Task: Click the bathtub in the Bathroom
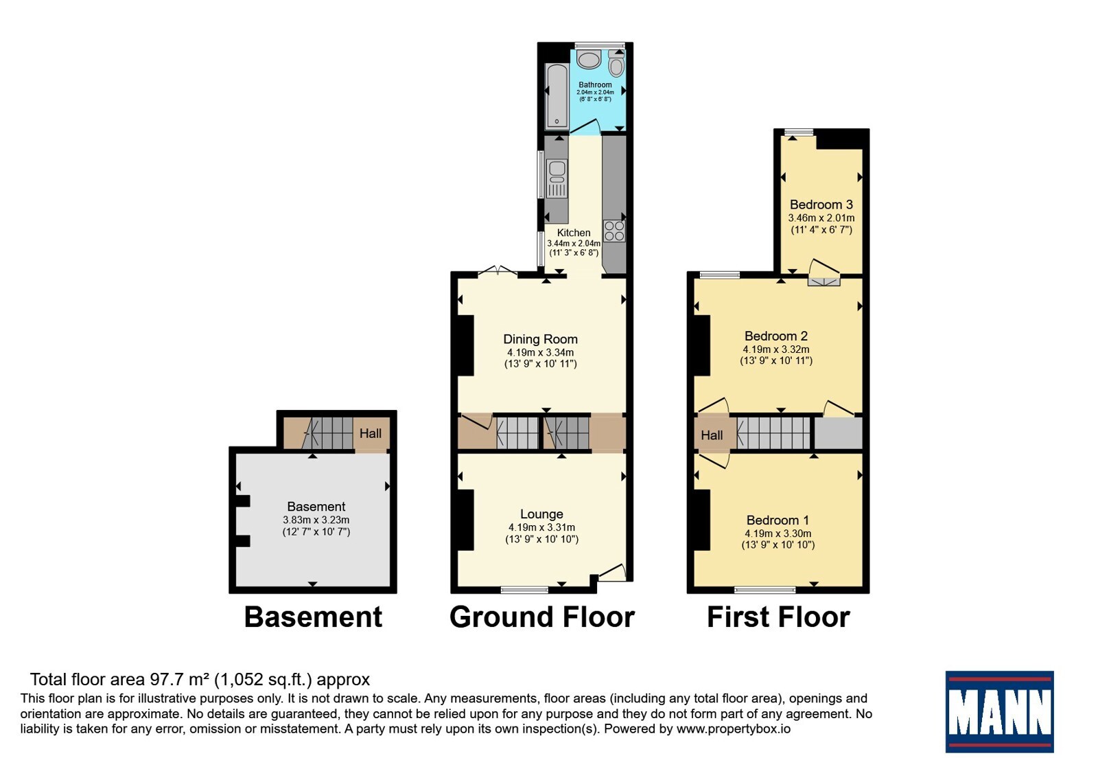(557, 96)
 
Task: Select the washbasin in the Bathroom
(589, 59)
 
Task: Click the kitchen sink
(557, 179)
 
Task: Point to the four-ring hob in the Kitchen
(615, 231)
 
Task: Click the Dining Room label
(540, 339)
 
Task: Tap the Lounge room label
(541, 514)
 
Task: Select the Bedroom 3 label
(821, 205)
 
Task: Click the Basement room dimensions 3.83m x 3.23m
(316, 520)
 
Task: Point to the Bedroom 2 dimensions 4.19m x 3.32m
(776, 349)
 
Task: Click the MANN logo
(999, 712)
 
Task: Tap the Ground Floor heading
(542, 617)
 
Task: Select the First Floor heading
(778, 617)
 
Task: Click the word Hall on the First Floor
(712, 435)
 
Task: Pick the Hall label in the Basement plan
(371, 433)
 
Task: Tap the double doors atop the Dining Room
(498, 271)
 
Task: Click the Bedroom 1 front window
(765, 590)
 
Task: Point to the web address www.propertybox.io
(734, 728)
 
